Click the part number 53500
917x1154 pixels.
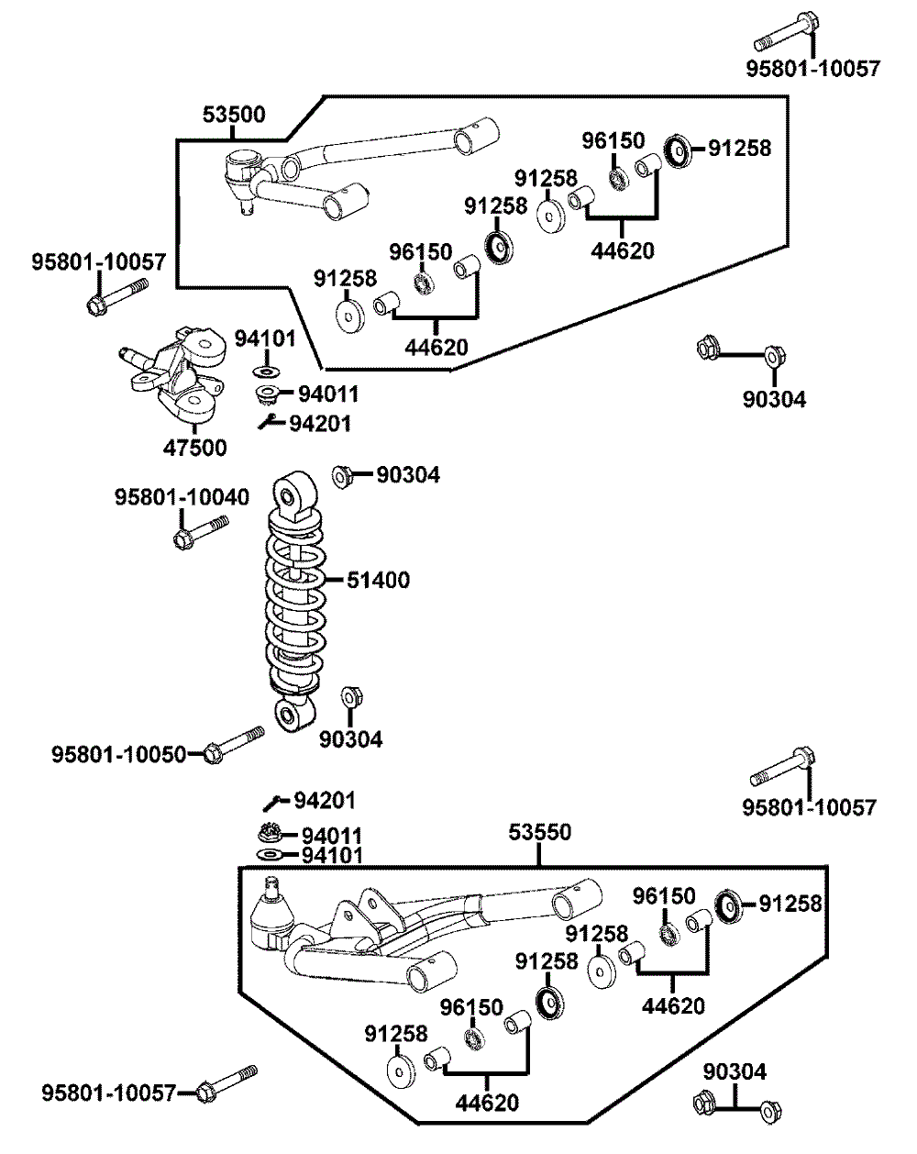pyautogui.click(x=234, y=115)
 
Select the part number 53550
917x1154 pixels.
pyautogui.click(x=540, y=832)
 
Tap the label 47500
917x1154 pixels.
pyautogui.click(x=194, y=448)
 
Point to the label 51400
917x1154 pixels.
pyautogui.click(x=379, y=580)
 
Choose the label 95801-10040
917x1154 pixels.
pyautogui.click(x=182, y=497)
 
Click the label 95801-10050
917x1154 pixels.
pyautogui.click(x=118, y=754)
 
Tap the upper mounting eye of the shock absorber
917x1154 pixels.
pyautogui.click(x=294, y=496)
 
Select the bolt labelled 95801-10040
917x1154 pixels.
pyautogui.click(x=201, y=531)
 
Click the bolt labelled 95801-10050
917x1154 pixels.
pyautogui.click(x=234, y=744)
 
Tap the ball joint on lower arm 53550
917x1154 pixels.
pyautogui.click(x=271, y=915)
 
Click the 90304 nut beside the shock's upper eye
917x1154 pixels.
pyautogui.click(x=342, y=476)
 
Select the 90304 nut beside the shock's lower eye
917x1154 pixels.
pyautogui.click(x=352, y=698)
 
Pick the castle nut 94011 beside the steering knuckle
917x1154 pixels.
pyautogui.click(x=267, y=394)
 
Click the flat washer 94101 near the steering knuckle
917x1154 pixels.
pyautogui.click(x=266, y=371)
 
